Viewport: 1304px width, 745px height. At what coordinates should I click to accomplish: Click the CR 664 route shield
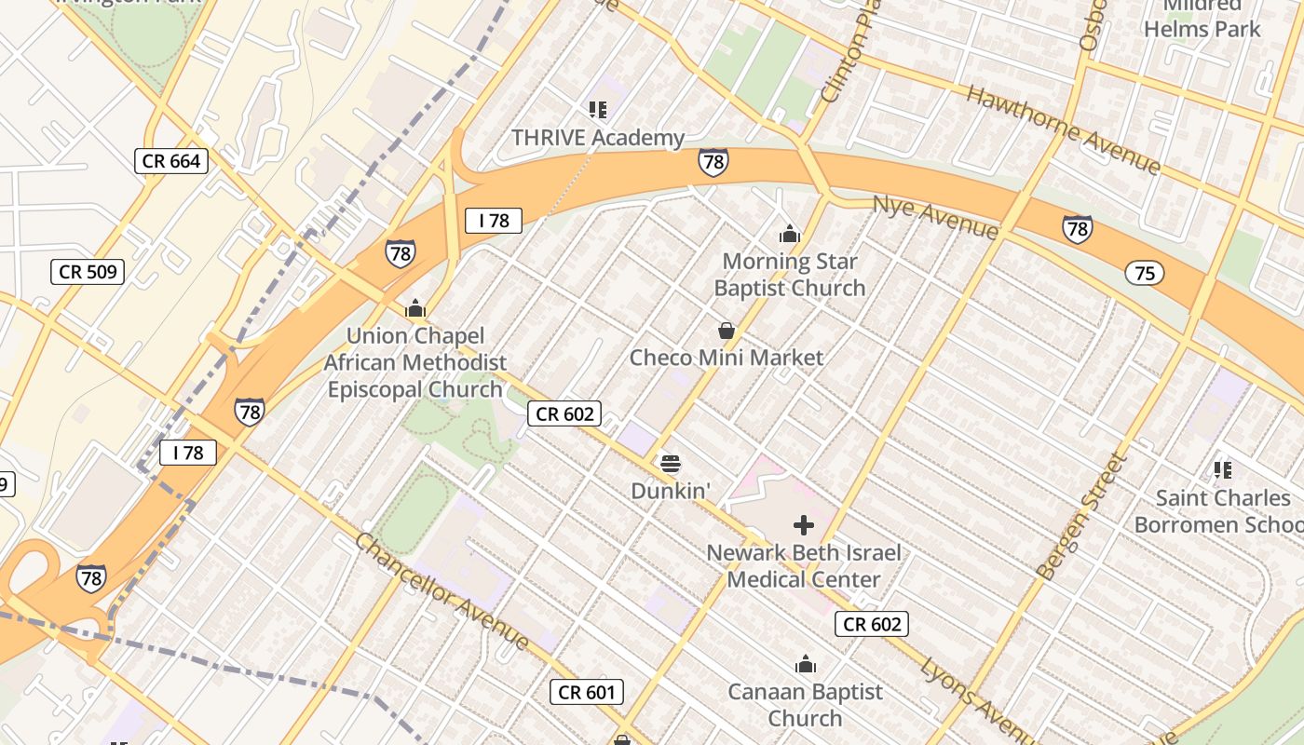pos(171,161)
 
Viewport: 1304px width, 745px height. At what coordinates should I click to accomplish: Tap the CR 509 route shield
pos(88,272)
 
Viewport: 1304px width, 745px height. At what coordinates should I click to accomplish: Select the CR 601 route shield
pos(586,692)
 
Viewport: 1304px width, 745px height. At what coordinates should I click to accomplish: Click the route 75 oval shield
pos(1145,273)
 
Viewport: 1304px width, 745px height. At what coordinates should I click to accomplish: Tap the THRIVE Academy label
pos(598,139)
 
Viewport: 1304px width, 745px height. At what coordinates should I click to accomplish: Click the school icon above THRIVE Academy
pos(598,111)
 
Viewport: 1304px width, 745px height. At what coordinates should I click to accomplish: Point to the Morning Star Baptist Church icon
pos(790,234)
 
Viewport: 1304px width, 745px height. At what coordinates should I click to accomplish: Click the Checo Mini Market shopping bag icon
pos(727,331)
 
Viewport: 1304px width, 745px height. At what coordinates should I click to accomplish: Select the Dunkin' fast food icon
pos(670,463)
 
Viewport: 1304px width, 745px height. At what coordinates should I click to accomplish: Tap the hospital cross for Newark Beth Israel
pos(804,525)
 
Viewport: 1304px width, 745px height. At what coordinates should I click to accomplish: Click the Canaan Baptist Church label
pos(805,705)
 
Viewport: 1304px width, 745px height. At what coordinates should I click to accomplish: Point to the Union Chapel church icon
pos(414,308)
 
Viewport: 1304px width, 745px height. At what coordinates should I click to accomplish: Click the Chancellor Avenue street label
pos(443,591)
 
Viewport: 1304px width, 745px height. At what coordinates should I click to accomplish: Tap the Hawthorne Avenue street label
pos(1063,129)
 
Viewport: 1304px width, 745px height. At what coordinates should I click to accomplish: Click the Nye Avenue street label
pos(935,216)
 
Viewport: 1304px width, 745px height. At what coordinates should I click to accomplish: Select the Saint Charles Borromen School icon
pos(1223,470)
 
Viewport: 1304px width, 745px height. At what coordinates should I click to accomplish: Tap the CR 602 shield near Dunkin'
pos(564,413)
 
